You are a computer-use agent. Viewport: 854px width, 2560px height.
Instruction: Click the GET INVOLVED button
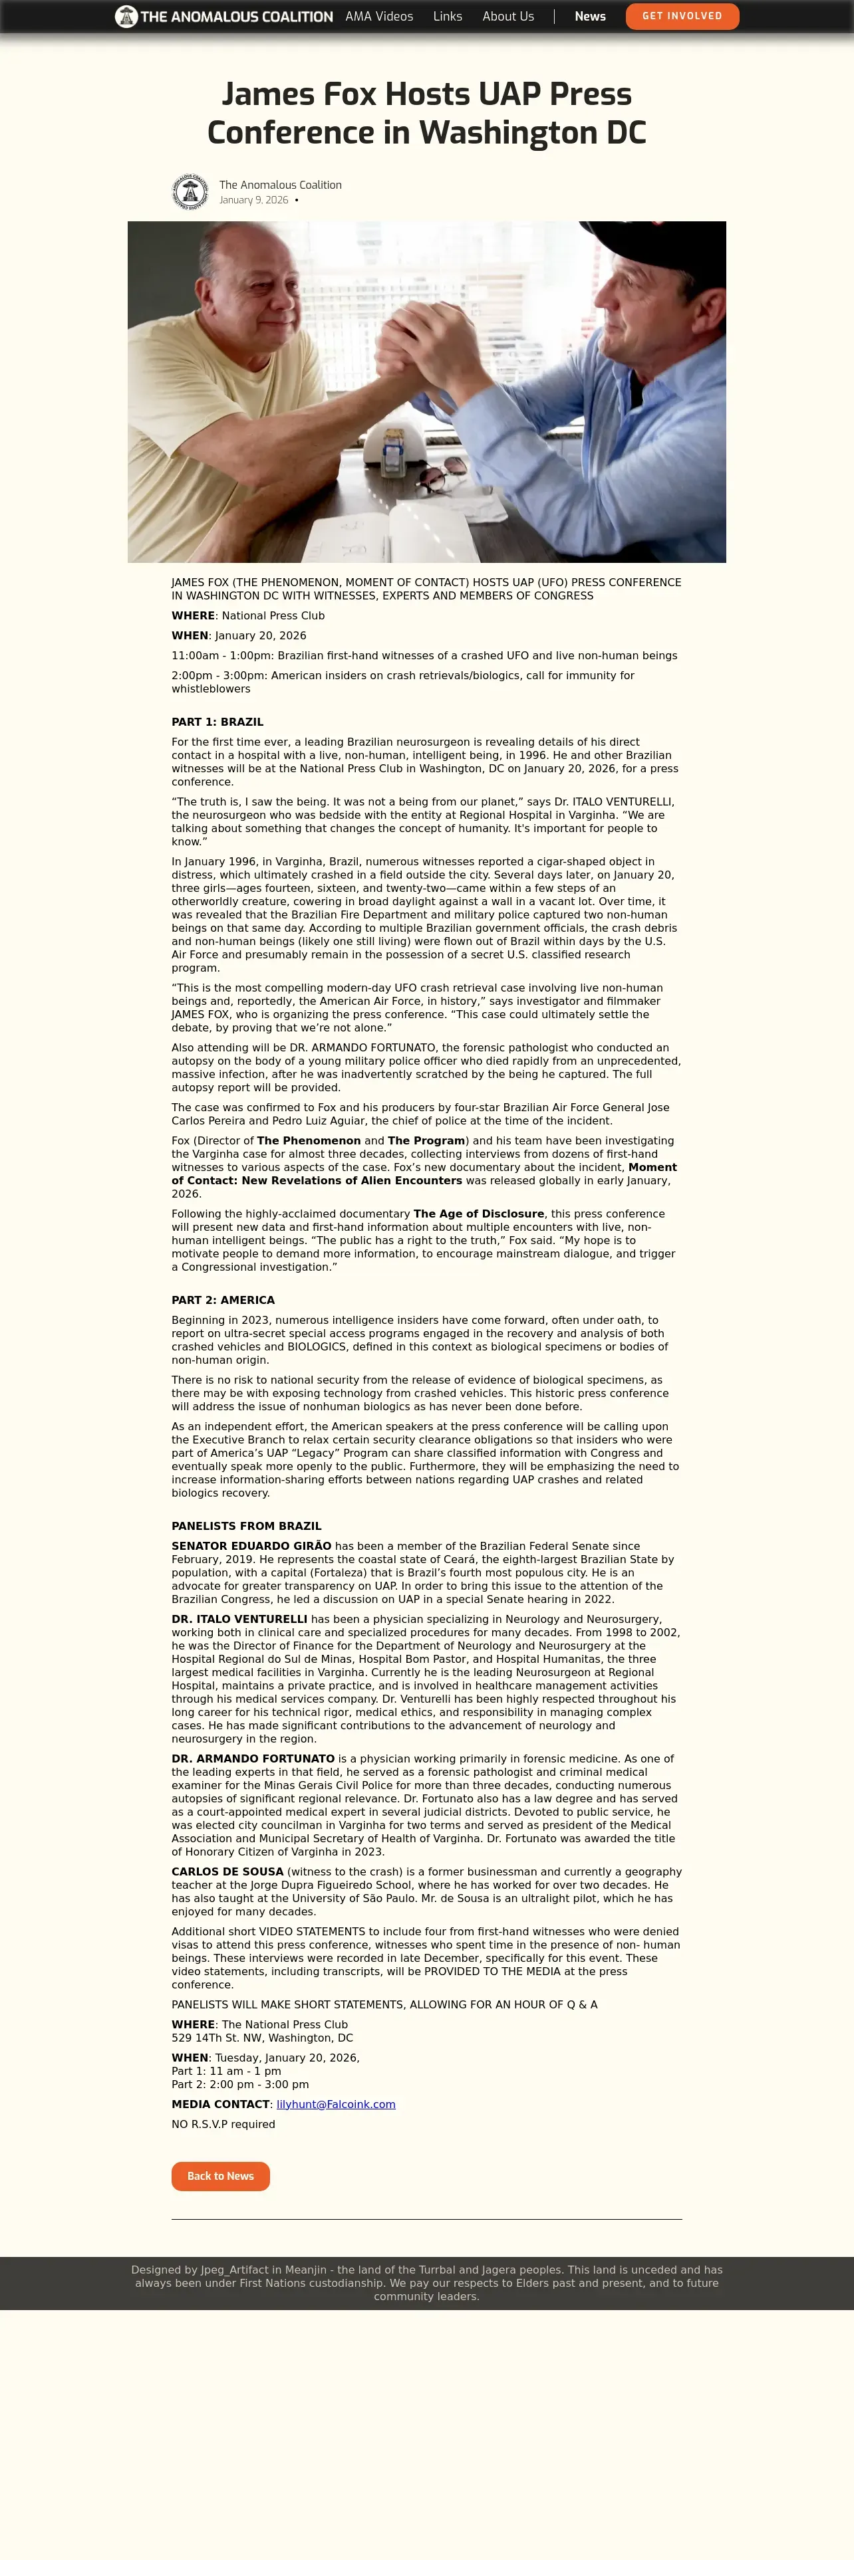pyautogui.click(x=682, y=16)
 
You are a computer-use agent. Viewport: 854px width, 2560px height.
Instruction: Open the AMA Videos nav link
pyautogui.click(x=379, y=16)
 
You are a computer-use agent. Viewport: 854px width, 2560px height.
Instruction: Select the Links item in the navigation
pyautogui.click(x=448, y=16)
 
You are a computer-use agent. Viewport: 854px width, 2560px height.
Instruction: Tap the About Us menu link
pyautogui.click(x=508, y=16)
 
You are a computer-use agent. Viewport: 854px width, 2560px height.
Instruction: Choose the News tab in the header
pyautogui.click(x=589, y=16)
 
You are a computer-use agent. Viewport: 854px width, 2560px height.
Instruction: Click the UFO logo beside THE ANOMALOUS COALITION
pyautogui.click(x=126, y=16)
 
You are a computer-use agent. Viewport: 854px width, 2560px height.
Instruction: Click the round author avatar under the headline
pyautogui.click(x=190, y=192)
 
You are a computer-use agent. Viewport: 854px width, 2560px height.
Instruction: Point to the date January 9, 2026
pyautogui.click(x=253, y=200)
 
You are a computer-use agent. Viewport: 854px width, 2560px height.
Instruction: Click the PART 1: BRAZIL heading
pyautogui.click(x=217, y=722)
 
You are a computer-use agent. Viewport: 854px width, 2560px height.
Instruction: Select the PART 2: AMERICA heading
pyautogui.click(x=223, y=1300)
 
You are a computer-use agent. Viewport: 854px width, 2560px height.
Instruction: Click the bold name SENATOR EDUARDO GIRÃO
pyautogui.click(x=251, y=1545)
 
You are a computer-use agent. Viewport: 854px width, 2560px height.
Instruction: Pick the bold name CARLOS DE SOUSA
pyautogui.click(x=227, y=1871)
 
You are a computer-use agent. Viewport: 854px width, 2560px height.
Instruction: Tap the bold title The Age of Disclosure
pyautogui.click(x=478, y=1214)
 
